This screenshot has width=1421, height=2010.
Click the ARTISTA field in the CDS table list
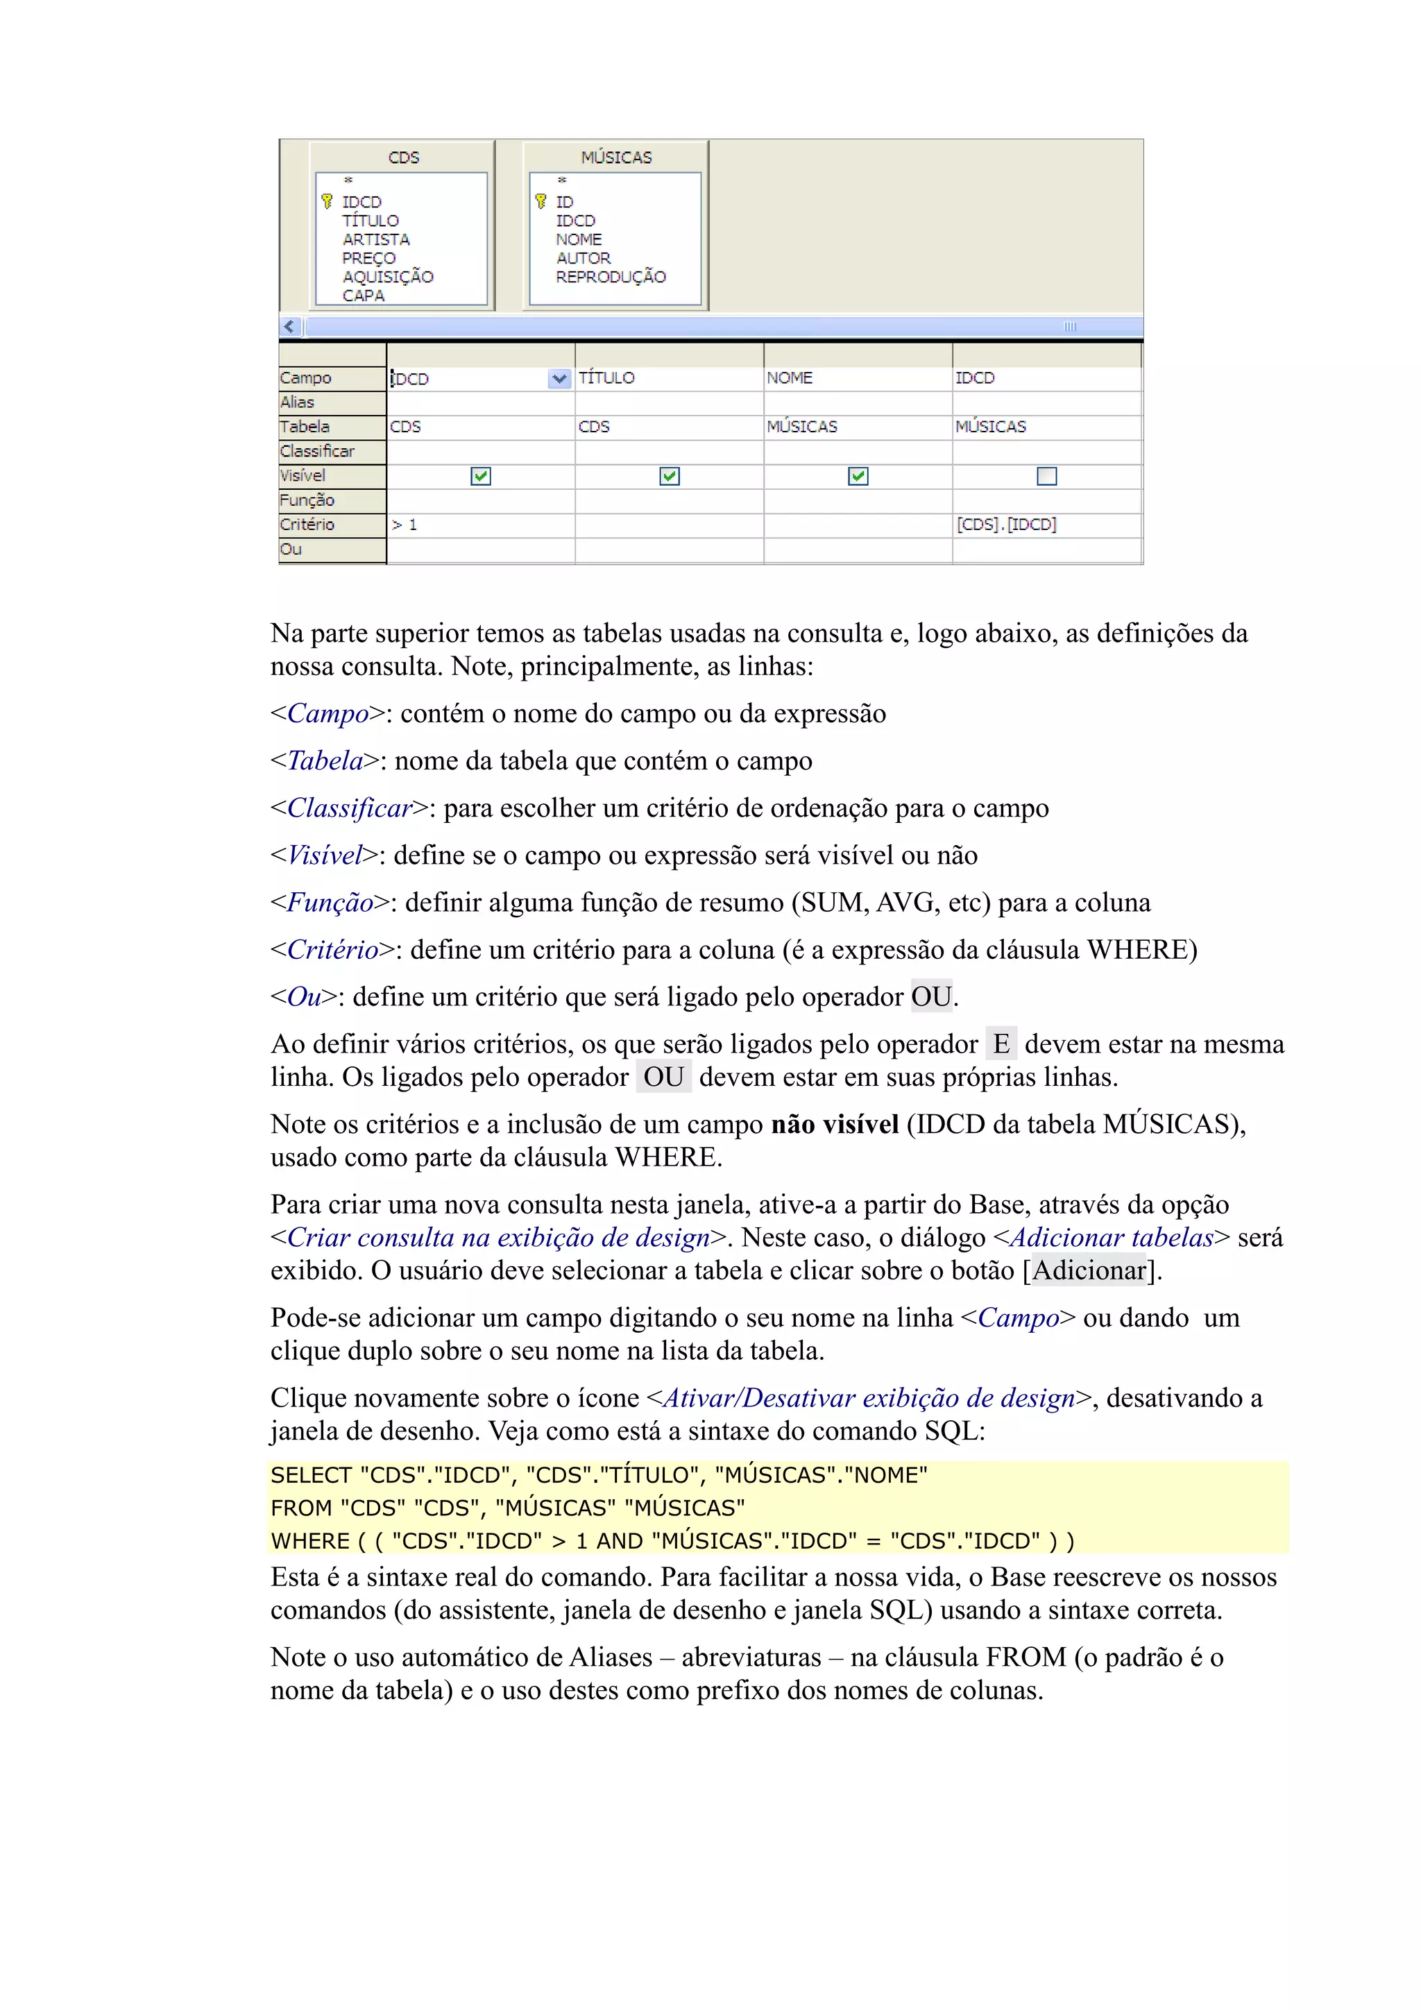click(375, 239)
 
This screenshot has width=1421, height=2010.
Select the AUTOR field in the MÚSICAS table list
click(583, 258)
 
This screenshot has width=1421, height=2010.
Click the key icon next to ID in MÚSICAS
click(541, 201)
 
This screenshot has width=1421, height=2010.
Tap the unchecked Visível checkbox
click(1046, 476)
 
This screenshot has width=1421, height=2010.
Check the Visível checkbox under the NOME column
click(858, 476)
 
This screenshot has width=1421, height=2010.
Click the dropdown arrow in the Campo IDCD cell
click(559, 378)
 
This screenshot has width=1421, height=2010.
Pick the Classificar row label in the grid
click(317, 452)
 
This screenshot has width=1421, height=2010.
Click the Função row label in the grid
click(307, 500)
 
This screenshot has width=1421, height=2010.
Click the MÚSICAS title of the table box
click(616, 157)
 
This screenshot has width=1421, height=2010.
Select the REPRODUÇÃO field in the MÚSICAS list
click(611, 277)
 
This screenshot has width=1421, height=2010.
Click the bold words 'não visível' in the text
click(835, 1125)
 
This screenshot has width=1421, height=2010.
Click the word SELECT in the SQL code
click(311, 1475)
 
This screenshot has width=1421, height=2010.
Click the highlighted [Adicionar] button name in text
click(1089, 1270)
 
